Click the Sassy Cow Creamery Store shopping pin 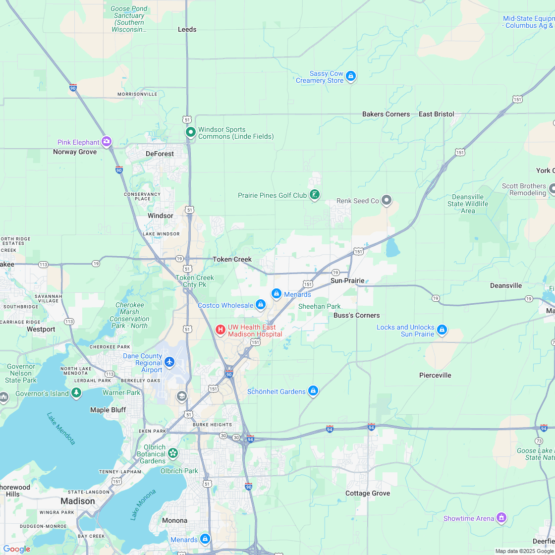tap(351, 76)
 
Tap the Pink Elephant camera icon tap(107, 142)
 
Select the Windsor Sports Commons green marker tap(190, 132)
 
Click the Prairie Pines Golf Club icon tap(314, 195)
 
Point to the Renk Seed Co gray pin tap(387, 200)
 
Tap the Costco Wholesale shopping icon tap(261, 305)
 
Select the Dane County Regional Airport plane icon tap(169, 362)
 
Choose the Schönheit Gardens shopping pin tap(313, 391)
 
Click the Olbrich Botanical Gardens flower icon tap(172, 453)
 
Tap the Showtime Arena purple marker tap(501, 517)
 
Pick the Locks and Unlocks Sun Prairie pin tap(442, 330)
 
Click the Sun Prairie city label tap(347, 281)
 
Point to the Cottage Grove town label tap(368, 493)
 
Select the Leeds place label tap(187, 30)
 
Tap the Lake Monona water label tap(143, 504)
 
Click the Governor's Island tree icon tap(76, 393)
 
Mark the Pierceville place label tap(435, 375)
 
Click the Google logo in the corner tap(16, 549)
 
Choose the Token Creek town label tap(232, 259)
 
